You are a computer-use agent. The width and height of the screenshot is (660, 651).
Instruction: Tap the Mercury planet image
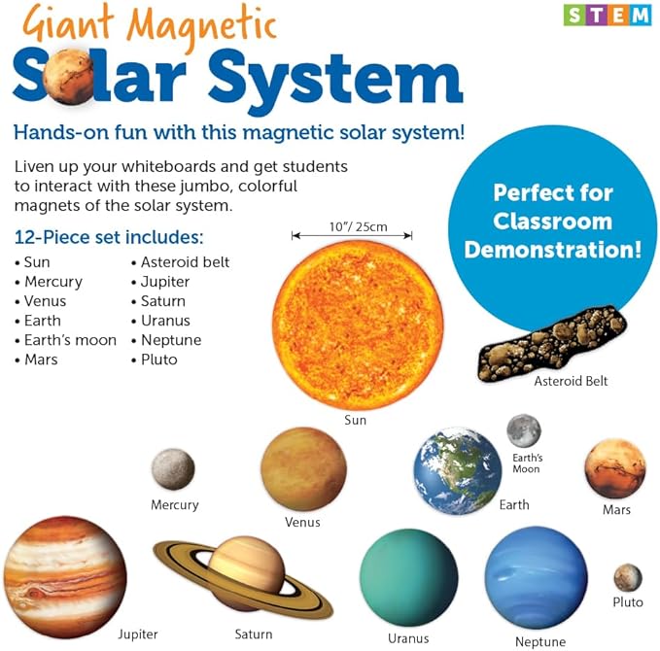tap(173, 468)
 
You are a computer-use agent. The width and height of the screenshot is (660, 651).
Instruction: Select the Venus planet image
tap(303, 469)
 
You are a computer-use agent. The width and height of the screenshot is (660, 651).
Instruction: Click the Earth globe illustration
tap(457, 470)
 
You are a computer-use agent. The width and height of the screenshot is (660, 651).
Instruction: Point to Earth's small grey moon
tap(524, 431)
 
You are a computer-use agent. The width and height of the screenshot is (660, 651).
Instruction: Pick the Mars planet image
tap(614, 469)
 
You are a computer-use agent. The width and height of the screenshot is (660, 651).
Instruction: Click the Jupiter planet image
tap(64, 577)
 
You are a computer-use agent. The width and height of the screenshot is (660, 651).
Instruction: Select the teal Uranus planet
tap(408, 577)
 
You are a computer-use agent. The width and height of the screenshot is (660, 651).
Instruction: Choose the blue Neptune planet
tap(536, 577)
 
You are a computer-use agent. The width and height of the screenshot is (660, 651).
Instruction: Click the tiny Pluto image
tap(627, 578)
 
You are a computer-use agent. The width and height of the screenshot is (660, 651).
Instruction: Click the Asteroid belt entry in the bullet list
tap(185, 262)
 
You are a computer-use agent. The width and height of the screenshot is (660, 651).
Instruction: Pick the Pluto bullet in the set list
tap(158, 360)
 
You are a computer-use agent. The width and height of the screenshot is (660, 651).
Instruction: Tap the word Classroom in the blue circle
tap(552, 220)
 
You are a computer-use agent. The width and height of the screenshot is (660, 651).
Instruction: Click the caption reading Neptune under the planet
tap(540, 642)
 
